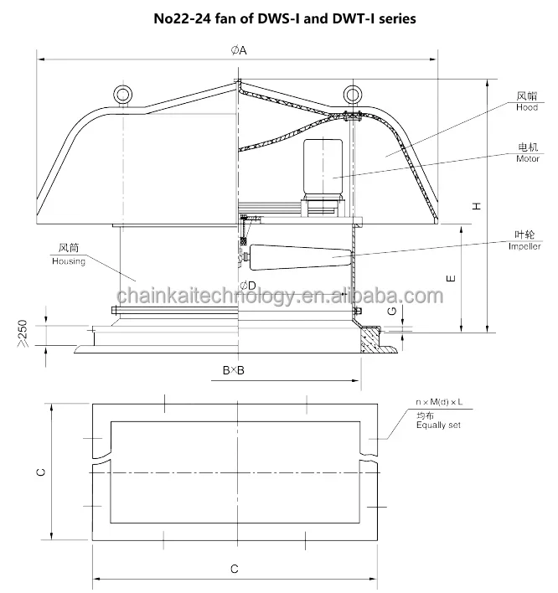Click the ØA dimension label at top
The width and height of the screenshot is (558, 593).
[x=239, y=50]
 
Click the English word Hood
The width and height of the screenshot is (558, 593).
[x=527, y=107]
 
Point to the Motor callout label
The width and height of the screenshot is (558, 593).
[x=528, y=159]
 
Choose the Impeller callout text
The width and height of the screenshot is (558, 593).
[x=524, y=246]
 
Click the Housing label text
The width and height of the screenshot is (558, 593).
[x=69, y=261]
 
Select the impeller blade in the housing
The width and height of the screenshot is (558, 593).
[x=301, y=257]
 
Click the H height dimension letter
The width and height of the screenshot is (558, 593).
[x=477, y=206]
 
